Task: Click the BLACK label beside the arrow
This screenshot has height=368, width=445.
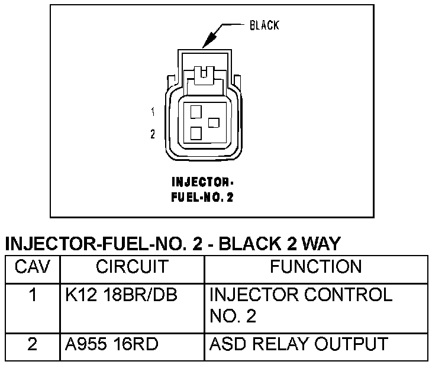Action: click(x=263, y=25)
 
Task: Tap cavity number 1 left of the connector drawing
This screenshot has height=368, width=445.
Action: click(x=153, y=111)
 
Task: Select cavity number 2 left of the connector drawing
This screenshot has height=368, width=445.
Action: click(x=153, y=134)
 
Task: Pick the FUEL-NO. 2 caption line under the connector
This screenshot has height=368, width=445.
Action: click(x=202, y=198)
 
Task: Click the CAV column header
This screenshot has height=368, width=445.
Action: click(x=33, y=267)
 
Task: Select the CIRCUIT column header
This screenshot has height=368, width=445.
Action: click(x=132, y=267)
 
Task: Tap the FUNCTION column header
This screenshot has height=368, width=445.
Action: click(x=315, y=267)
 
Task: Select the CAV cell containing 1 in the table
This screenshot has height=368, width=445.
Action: click(x=33, y=295)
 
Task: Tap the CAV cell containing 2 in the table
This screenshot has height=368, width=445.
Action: click(x=33, y=344)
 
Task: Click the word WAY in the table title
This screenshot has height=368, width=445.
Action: click(x=322, y=244)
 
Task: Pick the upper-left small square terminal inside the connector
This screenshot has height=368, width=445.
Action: click(x=196, y=110)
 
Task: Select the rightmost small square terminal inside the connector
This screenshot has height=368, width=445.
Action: click(x=214, y=122)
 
